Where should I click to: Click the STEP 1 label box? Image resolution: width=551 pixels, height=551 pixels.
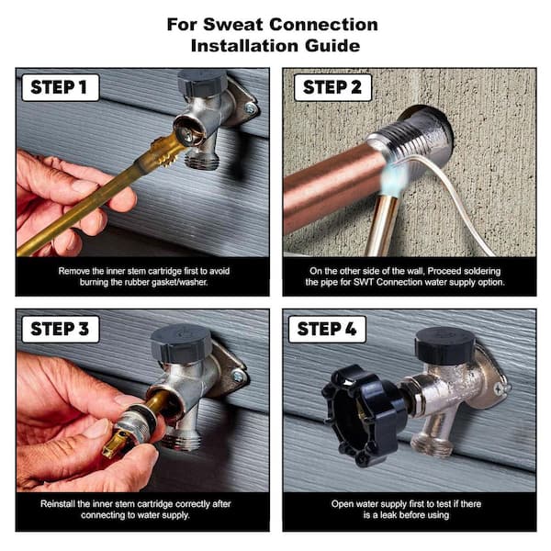click(61, 87)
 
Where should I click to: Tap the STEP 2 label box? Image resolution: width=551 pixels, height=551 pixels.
click(332, 87)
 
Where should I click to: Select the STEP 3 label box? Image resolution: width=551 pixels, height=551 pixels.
click(61, 330)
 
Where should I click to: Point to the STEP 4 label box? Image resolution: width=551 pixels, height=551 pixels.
click(327, 330)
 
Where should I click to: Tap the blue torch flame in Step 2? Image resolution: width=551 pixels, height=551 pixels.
click(394, 176)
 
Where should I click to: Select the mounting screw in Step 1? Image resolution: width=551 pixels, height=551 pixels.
click(251, 108)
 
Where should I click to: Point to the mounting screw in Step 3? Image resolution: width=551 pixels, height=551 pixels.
click(238, 376)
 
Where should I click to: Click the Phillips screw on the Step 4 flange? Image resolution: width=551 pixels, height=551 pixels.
click(499, 388)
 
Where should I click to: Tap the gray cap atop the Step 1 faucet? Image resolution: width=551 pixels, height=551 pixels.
click(202, 84)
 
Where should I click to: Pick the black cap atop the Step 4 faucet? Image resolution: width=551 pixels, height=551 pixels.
click(444, 346)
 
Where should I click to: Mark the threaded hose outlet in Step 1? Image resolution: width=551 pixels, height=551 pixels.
click(203, 162)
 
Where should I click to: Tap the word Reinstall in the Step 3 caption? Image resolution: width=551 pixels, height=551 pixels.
click(58, 504)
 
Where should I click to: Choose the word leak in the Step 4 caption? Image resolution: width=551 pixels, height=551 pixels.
click(389, 515)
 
